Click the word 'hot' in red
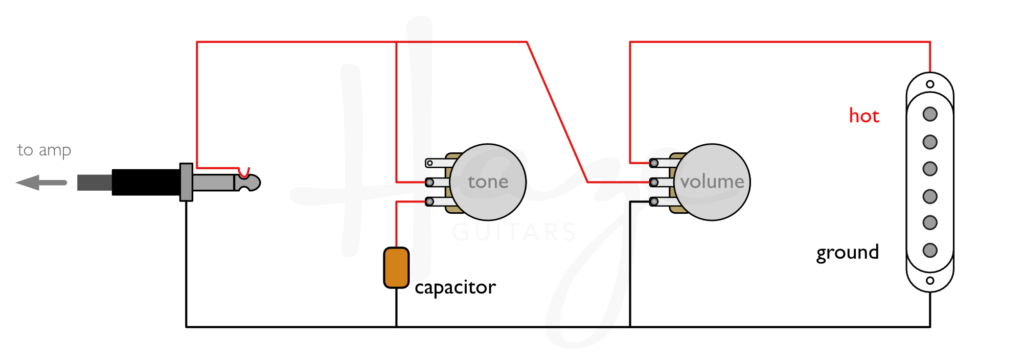(x=863, y=116)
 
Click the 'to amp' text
(x=44, y=150)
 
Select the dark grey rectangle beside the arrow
(x=95, y=183)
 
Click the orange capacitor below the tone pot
(x=396, y=267)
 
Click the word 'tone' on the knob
(x=488, y=182)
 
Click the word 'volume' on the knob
(x=712, y=182)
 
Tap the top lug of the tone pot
(x=430, y=163)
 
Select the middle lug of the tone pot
(x=430, y=183)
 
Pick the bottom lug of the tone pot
(x=430, y=202)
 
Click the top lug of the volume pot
(x=654, y=163)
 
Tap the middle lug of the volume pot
(x=654, y=183)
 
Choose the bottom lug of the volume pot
(x=654, y=202)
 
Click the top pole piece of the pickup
(x=930, y=114)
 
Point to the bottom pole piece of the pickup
(x=930, y=250)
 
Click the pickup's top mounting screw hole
(x=930, y=84)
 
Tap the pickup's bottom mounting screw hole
(x=930, y=280)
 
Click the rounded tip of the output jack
(x=253, y=183)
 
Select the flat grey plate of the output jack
(x=186, y=182)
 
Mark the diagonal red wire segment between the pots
(x=557, y=111)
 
